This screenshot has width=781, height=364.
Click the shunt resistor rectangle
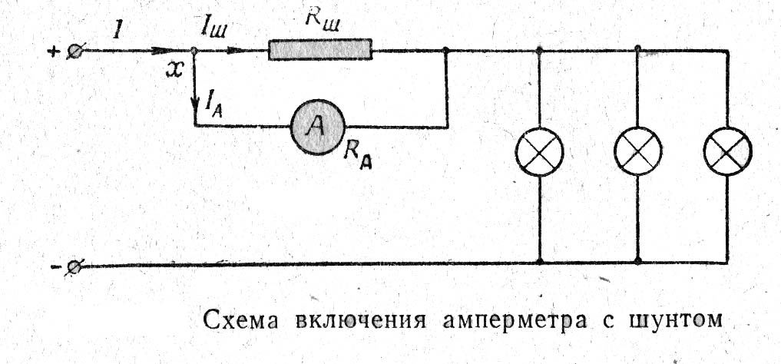320,50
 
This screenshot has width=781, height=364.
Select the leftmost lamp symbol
539,151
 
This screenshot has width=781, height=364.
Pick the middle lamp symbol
638,151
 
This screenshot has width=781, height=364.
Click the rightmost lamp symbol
728,151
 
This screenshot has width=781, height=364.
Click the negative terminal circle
74,267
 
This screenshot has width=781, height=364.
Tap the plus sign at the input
52,51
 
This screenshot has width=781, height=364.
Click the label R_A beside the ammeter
358,156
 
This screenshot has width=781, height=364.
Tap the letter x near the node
174,71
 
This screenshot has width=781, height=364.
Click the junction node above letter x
194,51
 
